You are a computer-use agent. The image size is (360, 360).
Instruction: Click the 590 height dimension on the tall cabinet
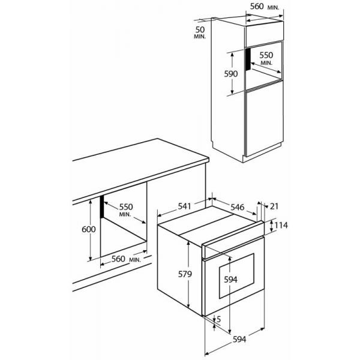(231, 74)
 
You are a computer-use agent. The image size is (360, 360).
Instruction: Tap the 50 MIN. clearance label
(200, 32)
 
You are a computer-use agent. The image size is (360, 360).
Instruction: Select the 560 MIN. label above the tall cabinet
(265, 7)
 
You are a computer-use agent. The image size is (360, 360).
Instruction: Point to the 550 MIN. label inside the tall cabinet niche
(266, 58)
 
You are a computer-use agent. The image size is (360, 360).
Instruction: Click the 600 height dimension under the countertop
(89, 229)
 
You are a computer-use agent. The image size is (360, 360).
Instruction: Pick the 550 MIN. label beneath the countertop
(125, 209)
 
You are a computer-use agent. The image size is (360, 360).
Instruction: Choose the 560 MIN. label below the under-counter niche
(126, 259)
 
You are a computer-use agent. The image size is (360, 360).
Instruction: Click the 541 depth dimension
(184, 206)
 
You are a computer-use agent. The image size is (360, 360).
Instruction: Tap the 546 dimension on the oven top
(238, 207)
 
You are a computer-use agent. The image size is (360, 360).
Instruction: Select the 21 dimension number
(274, 206)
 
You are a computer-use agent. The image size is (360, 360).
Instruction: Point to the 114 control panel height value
(281, 225)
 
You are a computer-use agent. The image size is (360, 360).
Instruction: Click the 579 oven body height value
(185, 274)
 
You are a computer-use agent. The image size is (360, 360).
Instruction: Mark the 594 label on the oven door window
(230, 280)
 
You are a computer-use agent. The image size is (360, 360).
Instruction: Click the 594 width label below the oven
(239, 339)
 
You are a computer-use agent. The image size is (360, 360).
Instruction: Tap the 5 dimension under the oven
(218, 319)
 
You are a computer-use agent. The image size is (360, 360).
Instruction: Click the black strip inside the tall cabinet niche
(248, 59)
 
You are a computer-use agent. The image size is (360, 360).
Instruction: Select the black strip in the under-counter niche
(102, 206)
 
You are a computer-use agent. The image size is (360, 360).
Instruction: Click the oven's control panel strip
(233, 239)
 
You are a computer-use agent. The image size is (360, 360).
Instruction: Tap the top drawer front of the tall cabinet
(264, 34)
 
